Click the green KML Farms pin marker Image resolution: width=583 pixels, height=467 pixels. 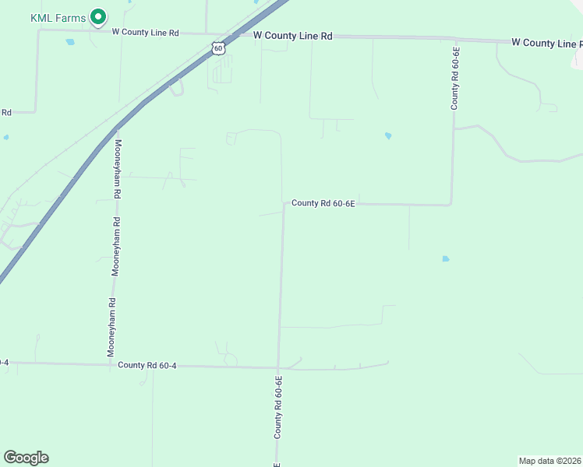[x=98, y=16]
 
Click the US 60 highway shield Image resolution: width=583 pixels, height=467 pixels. [x=218, y=48]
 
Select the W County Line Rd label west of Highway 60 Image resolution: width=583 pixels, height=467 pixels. [x=146, y=33]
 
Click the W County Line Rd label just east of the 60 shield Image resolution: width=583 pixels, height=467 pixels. [x=293, y=36]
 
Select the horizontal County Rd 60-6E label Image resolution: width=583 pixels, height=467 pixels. [x=323, y=203]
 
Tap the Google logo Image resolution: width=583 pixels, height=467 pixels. [x=26, y=458]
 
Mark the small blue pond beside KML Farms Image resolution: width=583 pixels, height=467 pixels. [x=70, y=41]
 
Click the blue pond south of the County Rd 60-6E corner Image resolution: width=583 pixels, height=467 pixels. [x=446, y=258]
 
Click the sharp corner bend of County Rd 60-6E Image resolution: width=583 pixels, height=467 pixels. [x=451, y=205]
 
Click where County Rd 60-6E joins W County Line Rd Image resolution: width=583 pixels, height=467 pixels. [x=454, y=37]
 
